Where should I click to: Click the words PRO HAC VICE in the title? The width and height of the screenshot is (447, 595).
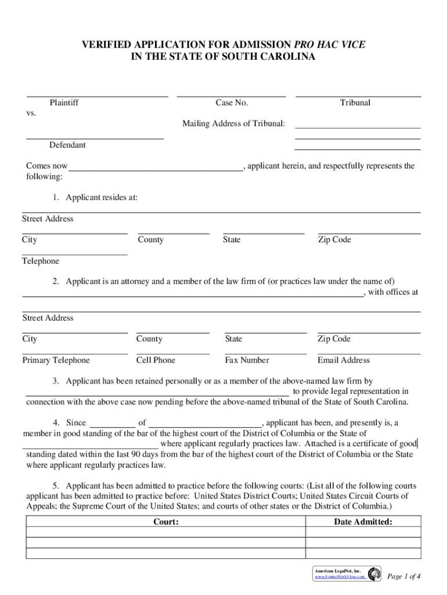(330, 45)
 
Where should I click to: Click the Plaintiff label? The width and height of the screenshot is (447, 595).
(64, 103)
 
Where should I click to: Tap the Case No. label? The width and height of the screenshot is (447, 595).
(232, 103)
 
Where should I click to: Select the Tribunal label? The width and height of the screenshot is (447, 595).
(355, 103)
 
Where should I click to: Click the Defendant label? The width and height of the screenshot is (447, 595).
(67, 145)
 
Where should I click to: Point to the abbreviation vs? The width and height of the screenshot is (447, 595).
(31, 113)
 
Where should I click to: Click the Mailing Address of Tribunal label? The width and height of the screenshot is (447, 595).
(233, 123)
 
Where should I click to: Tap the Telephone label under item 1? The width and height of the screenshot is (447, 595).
(41, 261)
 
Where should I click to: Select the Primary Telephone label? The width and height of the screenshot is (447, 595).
(56, 360)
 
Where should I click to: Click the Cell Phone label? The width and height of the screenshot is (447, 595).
(156, 360)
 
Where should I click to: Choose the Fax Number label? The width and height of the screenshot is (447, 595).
(247, 360)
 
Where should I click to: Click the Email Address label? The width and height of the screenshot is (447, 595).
(344, 360)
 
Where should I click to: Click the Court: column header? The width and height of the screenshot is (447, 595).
(165, 522)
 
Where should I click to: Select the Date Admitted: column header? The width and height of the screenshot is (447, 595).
(363, 522)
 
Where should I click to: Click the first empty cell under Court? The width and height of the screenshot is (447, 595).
(165, 532)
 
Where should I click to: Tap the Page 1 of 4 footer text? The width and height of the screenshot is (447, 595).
(403, 576)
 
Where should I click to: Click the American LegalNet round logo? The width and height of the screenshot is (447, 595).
(374, 574)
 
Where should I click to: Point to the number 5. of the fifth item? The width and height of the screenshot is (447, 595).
(56, 485)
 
